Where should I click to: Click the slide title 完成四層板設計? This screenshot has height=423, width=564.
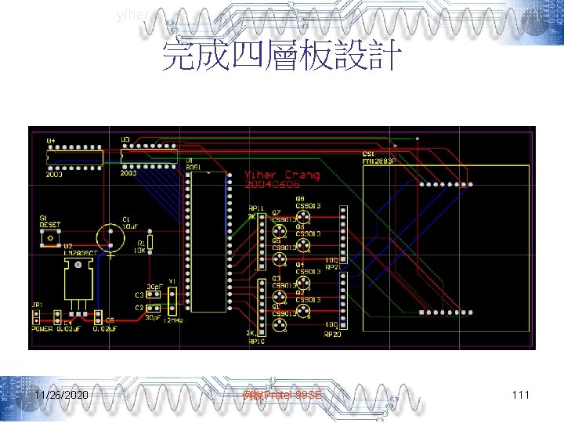pos(281,56)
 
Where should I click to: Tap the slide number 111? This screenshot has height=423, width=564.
pos(520,396)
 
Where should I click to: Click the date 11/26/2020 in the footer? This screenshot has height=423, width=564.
pos(62,396)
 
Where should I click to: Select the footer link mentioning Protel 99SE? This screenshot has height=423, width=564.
pos(281,396)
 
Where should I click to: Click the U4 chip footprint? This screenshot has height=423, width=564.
pos(75,157)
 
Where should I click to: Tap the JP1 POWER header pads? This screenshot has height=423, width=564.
pos(36,317)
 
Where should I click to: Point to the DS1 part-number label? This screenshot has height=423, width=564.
pos(379,161)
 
